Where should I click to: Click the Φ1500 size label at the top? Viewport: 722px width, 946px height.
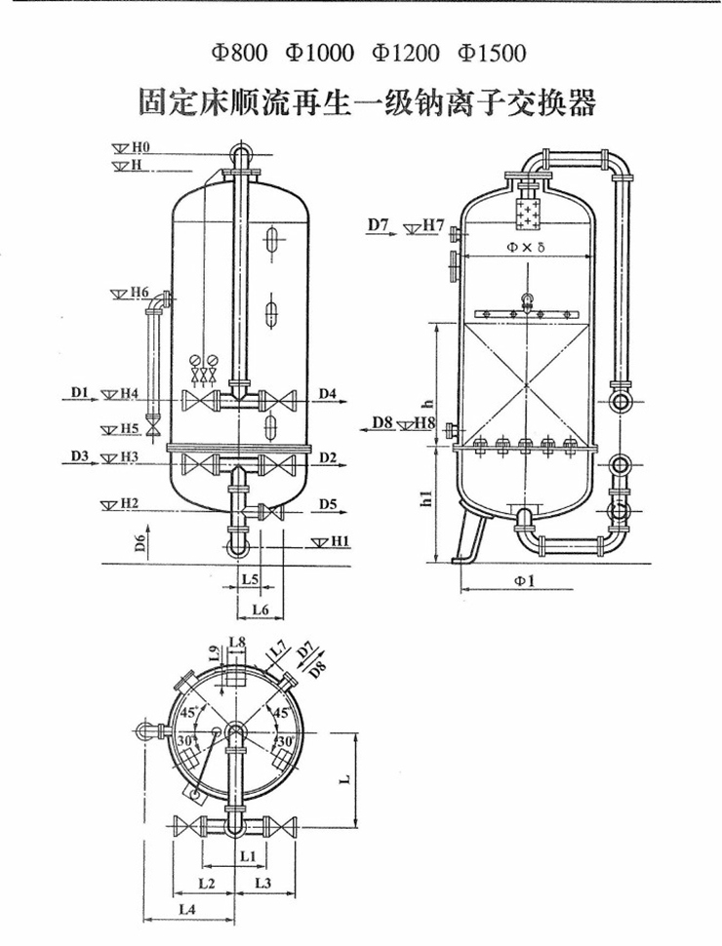(492, 53)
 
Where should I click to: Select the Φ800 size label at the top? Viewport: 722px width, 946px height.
(239, 53)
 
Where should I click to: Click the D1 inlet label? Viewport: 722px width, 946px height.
(80, 393)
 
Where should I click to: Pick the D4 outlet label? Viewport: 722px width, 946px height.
(327, 393)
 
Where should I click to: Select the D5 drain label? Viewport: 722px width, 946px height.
(328, 503)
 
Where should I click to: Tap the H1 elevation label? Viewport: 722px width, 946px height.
(341, 542)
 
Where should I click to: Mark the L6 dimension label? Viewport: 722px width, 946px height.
(261, 610)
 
